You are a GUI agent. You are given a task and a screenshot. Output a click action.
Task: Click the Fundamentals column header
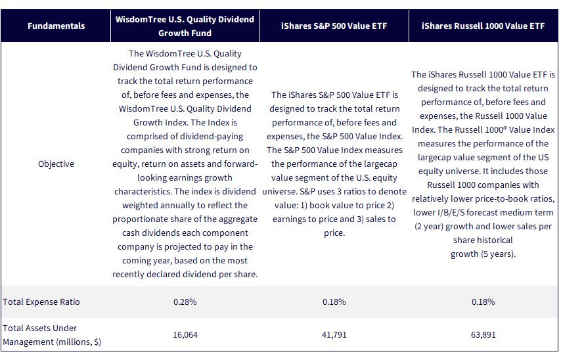pyautogui.click(x=56, y=26)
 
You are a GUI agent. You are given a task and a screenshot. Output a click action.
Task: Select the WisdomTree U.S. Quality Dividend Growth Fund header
pyautogui.click(x=185, y=26)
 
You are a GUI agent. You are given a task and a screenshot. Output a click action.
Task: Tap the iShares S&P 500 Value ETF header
pyautogui.click(x=334, y=26)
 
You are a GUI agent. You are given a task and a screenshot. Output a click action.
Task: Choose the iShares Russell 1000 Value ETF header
pyautogui.click(x=483, y=26)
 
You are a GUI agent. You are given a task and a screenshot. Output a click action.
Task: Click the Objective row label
pyautogui.click(x=56, y=164)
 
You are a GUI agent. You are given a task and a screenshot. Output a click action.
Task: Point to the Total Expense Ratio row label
pyautogui.click(x=41, y=302)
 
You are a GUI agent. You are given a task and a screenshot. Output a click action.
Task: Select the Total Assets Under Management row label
pyautogui.click(x=52, y=335)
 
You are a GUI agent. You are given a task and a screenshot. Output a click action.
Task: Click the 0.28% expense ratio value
pyautogui.click(x=185, y=302)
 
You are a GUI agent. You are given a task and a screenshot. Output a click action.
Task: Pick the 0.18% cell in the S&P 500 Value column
pyautogui.click(x=334, y=302)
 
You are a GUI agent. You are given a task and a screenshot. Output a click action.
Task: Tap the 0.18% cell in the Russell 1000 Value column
pyautogui.click(x=483, y=302)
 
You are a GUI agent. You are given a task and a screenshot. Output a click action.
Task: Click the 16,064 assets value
pyautogui.click(x=185, y=335)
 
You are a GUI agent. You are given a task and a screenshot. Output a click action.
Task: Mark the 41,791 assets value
pyautogui.click(x=334, y=335)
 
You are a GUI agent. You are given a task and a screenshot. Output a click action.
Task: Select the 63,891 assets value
pyautogui.click(x=483, y=335)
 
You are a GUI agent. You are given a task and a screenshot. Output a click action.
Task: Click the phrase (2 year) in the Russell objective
pyautogui.click(x=428, y=227)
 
